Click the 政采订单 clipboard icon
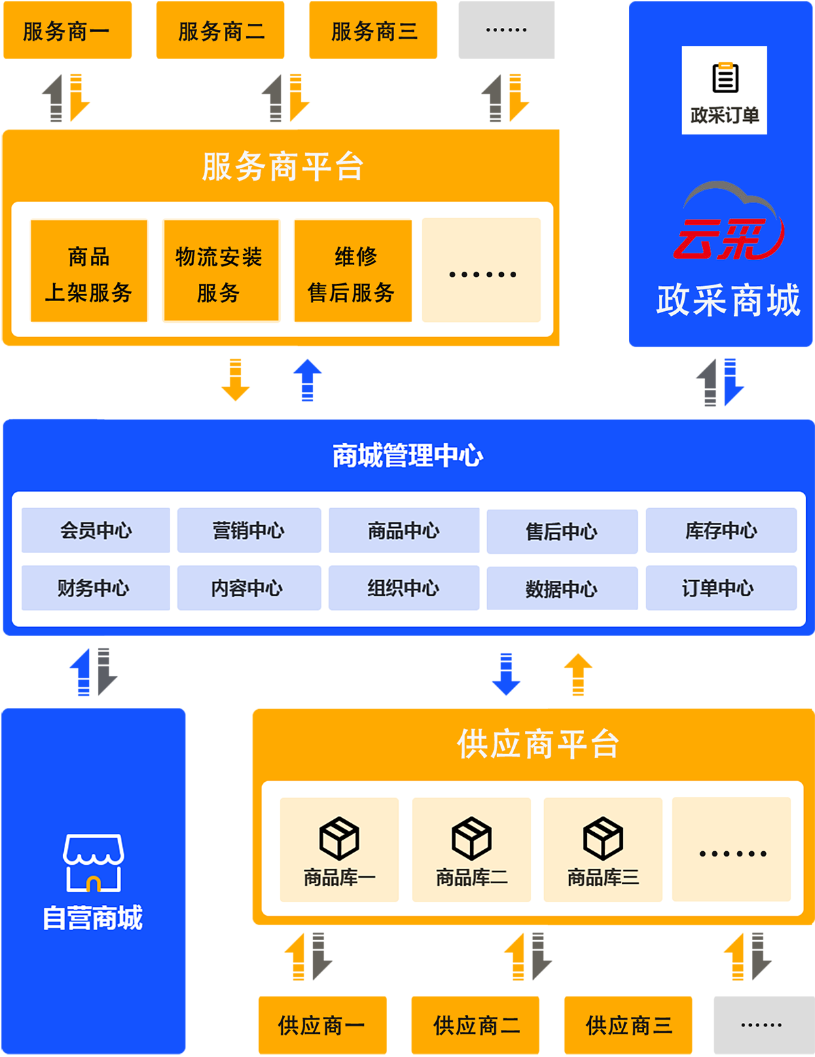click(x=725, y=77)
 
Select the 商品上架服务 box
click(x=89, y=271)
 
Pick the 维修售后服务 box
click(x=352, y=271)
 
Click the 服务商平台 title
click(x=283, y=166)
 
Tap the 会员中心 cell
click(x=96, y=531)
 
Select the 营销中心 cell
click(x=249, y=531)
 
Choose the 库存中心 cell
click(x=721, y=531)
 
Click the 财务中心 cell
click(x=95, y=588)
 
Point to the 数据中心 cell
click(x=562, y=588)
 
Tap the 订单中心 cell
click(x=721, y=588)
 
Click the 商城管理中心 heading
click(x=407, y=455)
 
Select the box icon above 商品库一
click(x=339, y=838)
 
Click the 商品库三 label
click(x=603, y=878)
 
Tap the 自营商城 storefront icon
click(x=93, y=862)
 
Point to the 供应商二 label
click(x=477, y=1025)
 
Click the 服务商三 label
click(x=374, y=31)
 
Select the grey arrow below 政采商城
click(x=696, y=383)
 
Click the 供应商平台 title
click(x=538, y=744)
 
